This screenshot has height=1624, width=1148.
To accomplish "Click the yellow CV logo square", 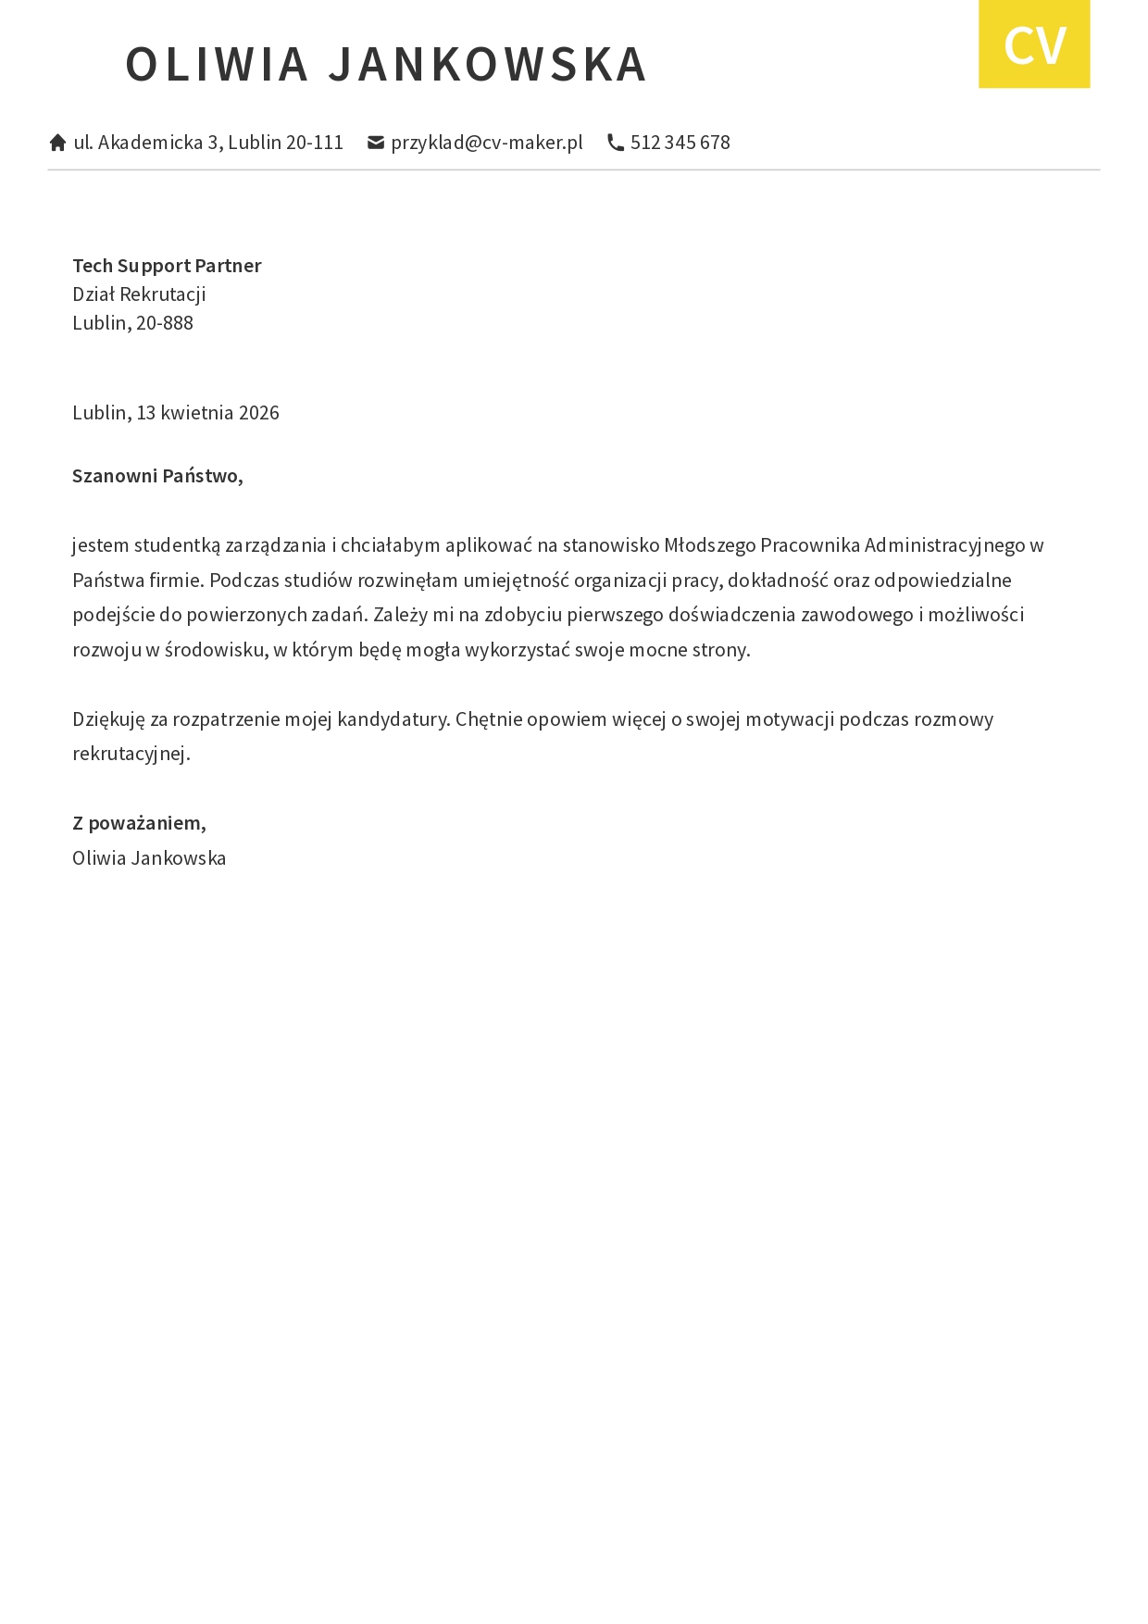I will [x=1034, y=44].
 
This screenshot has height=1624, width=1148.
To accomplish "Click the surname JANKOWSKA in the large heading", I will [x=488, y=64].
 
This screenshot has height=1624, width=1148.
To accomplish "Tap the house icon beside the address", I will [x=57, y=143].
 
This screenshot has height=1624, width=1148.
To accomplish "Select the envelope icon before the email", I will [x=376, y=143].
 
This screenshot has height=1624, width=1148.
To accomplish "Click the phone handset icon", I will [x=616, y=143].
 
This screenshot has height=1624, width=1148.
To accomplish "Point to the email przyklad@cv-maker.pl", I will [x=487, y=143].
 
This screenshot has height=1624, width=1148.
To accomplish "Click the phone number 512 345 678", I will [x=680, y=143].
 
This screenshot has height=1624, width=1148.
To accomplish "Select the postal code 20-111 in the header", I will [x=315, y=143].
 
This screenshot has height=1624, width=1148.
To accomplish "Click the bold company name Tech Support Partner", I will [x=167, y=266].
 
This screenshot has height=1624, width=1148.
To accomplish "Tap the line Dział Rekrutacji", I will [x=139, y=294].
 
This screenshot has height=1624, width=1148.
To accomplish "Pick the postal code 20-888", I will [x=165, y=323].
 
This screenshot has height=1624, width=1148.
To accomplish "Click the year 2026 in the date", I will [x=259, y=413].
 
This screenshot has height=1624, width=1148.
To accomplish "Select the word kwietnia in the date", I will [x=197, y=413].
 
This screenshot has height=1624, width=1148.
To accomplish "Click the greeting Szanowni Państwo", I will [x=157, y=476].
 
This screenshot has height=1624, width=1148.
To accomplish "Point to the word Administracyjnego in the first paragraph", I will [x=945, y=545].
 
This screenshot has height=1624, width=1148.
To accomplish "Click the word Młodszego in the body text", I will [x=710, y=545].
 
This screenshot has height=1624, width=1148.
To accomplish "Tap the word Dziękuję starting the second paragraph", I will [x=108, y=719].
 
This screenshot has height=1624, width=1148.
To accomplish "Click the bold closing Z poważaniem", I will [x=139, y=823].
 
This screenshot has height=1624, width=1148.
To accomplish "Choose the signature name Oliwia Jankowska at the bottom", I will [x=149, y=858].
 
